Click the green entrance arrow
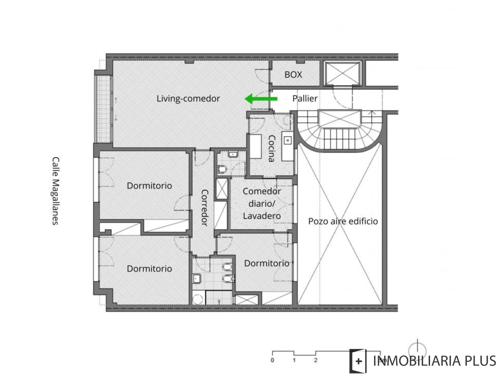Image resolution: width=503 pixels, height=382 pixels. coord(261,99)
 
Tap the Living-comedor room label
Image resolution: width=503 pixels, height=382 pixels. coord(188,98)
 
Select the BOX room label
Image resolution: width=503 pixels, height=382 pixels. coord(293,74)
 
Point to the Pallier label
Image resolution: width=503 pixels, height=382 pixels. coord(305,98)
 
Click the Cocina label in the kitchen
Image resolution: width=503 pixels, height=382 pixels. coord(270,148)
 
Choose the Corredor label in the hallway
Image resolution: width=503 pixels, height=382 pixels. coord(204,207)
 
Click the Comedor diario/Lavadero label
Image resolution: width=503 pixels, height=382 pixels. coord(261,203)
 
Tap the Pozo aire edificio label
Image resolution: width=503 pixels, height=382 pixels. coord(343,221)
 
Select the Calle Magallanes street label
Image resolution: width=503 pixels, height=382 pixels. coord(55,191)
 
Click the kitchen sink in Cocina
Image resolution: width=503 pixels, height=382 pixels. coord(287,139)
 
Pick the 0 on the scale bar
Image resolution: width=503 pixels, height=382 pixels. coord(272,360)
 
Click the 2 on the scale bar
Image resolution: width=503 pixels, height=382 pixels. coord(315,360)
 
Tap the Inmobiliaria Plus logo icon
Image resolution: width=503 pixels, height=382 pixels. coord(358,361)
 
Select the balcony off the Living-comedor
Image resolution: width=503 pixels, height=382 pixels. coord(102,110)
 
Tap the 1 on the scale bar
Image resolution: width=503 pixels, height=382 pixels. coord(294,360)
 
